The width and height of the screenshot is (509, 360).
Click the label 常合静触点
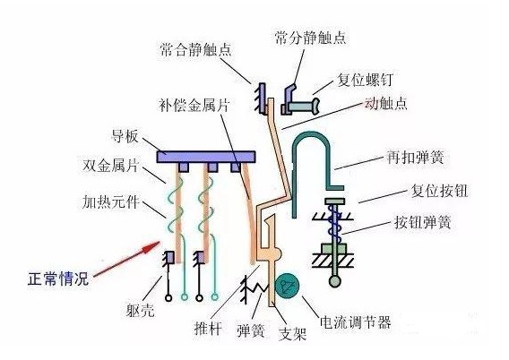click(x=195, y=50)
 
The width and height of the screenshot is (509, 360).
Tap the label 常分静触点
click(x=310, y=38)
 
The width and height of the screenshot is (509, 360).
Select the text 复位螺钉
click(x=366, y=80)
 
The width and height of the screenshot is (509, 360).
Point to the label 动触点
click(x=386, y=103)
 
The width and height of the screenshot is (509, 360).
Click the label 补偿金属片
click(x=194, y=105)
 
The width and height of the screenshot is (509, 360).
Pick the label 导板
click(x=125, y=136)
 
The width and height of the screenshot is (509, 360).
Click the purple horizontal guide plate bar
click(x=206, y=157)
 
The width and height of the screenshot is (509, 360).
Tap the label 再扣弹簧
click(x=415, y=158)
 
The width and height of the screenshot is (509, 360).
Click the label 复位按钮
click(x=439, y=191)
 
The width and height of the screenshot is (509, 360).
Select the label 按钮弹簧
click(x=423, y=222)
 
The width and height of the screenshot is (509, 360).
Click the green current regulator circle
click(x=287, y=285)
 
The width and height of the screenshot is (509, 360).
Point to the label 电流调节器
click(x=356, y=321)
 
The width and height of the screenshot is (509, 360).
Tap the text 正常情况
click(x=58, y=279)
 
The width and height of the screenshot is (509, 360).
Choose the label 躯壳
click(x=140, y=311)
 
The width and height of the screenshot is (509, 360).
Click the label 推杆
click(x=208, y=328)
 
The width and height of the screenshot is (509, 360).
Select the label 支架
click(x=293, y=333)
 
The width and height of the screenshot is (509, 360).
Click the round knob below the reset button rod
click(x=335, y=281)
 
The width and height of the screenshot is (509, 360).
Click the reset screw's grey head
click(x=315, y=106)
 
